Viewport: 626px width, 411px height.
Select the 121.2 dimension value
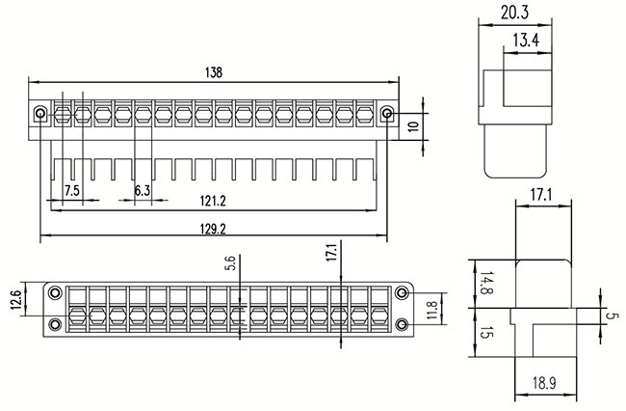pos(213,201)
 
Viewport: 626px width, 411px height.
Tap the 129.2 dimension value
pos(211,230)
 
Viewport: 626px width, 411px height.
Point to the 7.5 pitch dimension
pos(71,191)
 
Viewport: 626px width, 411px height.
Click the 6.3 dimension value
pos(142,191)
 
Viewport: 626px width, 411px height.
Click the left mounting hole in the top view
pos(39,114)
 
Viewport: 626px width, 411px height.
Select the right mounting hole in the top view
pos(387,114)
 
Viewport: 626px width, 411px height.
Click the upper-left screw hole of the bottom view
pos(56,291)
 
